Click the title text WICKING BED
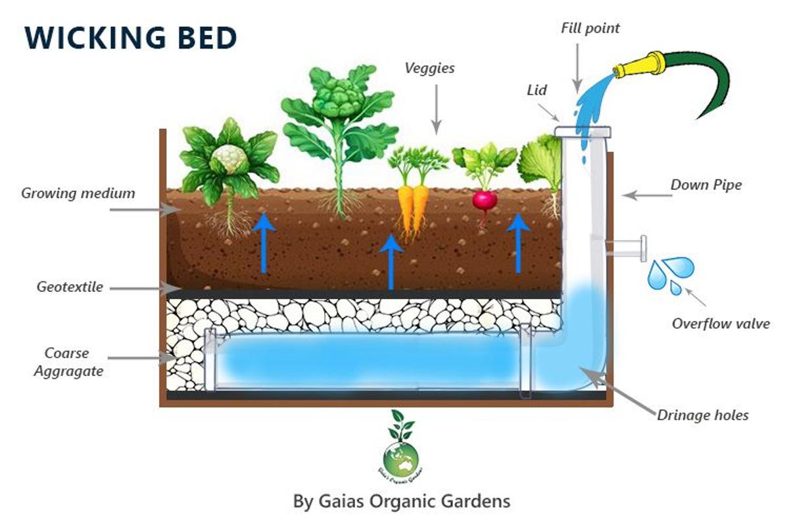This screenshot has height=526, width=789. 130,38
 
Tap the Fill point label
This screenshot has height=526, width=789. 590,28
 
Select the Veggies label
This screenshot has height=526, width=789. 429,68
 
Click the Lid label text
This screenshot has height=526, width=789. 537,90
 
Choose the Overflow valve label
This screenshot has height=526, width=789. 720,323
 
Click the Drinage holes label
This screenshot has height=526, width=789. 702,415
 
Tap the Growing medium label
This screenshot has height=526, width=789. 78,193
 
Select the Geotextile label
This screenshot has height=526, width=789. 70,287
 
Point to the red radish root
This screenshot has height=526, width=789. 483,201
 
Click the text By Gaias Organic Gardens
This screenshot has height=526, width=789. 401,501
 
